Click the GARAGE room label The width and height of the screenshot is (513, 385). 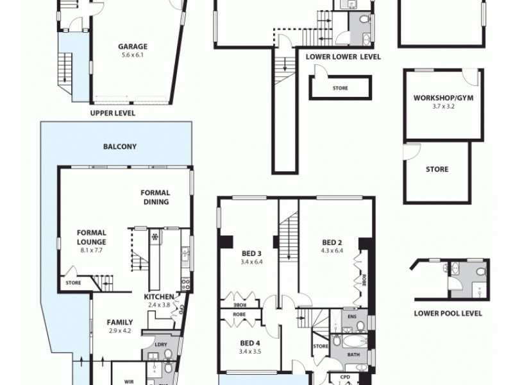tap(133, 46)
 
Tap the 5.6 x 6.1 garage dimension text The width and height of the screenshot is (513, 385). tap(133, 55)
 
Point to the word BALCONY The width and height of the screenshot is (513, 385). tap(120, 146)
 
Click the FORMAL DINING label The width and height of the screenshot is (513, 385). tap(155, 197)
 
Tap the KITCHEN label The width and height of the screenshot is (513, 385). tap(158, 296)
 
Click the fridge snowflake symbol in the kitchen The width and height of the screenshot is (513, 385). tap(154, 236)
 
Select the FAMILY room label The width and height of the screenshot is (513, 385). tap(120, 322)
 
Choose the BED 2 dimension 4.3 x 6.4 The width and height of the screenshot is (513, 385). tap(330, 251)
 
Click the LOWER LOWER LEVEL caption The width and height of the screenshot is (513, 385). tap(343, 57)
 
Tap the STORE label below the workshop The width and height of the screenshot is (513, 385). tap(437, 170)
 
